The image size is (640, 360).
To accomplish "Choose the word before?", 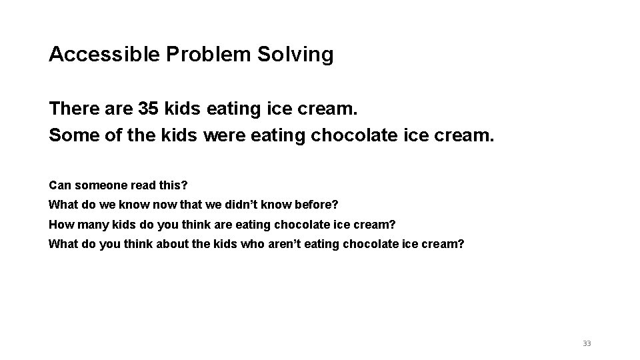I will [x=317, y=204].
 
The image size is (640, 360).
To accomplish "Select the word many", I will [x=89, y=224].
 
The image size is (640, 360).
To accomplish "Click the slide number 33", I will [x=587, y=343].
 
